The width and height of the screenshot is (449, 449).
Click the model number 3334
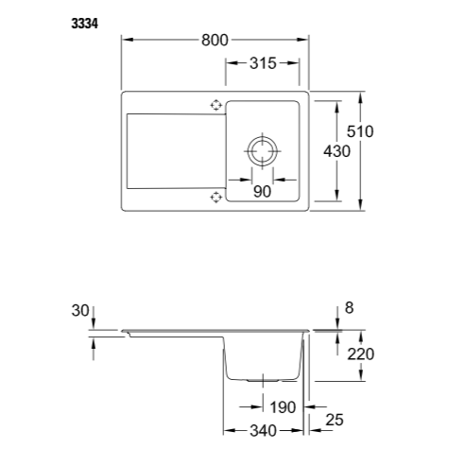coord(84,24)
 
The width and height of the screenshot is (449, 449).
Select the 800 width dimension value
coord(215,40)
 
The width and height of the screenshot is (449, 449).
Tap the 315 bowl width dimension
coord(263,63)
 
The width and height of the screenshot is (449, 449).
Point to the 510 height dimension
coord(360,131)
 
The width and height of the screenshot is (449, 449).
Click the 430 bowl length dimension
coord(337,151)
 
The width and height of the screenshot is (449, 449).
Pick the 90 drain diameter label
coord(262,191)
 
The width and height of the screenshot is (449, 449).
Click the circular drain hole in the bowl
coord(263,151)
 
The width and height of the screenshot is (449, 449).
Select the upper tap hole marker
coord(216,105)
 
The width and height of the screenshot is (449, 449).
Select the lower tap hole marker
coord(216,197)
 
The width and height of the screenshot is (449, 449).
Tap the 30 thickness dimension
coord(80,310)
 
